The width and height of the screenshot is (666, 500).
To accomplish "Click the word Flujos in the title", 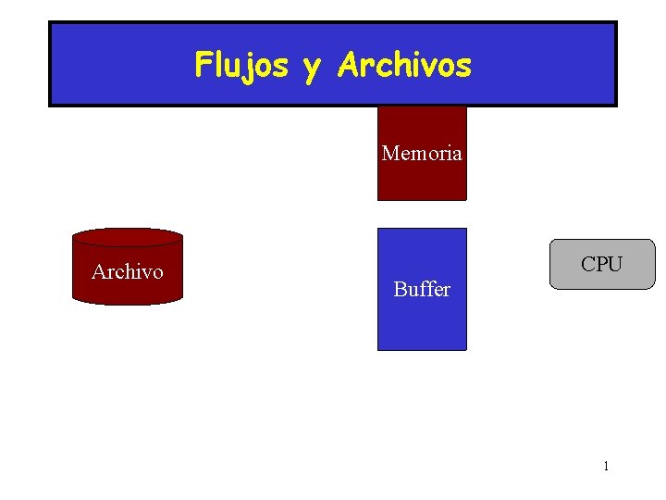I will click(x=241, y=66).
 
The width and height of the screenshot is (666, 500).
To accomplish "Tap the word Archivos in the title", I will click(x=404, y=66).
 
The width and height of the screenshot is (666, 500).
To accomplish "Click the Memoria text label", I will click(x=422, y=154).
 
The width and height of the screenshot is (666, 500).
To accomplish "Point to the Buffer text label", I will click(x=422, y=290).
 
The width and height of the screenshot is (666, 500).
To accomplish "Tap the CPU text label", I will click(x=602, y=264).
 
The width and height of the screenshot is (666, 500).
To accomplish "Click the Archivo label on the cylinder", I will click(x=128, y=272).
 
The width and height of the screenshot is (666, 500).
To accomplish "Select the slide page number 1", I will click(x=606, y=466).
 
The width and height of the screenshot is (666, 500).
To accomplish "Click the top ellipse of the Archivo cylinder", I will click(x=128, y=236).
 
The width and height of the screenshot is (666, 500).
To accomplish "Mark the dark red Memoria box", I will click(x=422, y=181).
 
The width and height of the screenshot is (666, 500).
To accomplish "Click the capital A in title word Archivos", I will click(x=350, y=65).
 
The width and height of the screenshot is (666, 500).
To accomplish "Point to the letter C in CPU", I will click(x=588, y=264).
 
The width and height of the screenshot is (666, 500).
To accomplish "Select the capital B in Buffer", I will click(x=400, y=290).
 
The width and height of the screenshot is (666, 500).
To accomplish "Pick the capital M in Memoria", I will click(x=389, y=154).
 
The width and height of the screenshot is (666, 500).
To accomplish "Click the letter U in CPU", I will click(x=615, y=264).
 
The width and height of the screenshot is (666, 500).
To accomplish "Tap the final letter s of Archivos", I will click(x=464, y=68).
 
